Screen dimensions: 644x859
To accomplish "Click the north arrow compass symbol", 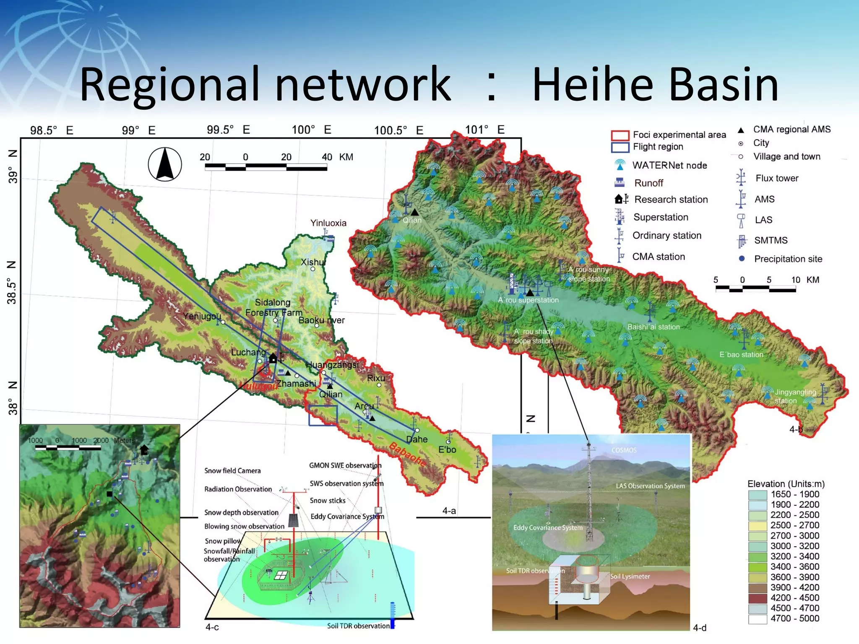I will (165, 164).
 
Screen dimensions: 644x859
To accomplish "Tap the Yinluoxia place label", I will (328, 223).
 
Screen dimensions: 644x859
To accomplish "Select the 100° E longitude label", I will (311, 130).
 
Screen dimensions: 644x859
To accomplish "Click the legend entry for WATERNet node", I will (669, 165).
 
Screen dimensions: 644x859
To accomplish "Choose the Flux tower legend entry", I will (776, 178).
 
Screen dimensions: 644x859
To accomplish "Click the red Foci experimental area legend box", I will (620, 135).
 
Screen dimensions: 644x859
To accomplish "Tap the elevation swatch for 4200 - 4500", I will (757, 598).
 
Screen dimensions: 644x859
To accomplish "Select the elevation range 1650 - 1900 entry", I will (794, 494).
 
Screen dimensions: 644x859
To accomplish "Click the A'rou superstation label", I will (528, 300).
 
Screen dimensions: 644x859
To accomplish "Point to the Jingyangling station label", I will (795, 396).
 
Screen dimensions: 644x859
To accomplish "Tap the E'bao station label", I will (741, 355).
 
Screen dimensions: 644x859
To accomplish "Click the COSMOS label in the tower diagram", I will (624, 450).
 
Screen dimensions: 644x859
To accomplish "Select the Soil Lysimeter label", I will (630, 576).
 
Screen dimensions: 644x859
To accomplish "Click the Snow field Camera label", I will (232, 471).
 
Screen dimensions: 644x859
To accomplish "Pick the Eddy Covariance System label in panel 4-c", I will (347, 517).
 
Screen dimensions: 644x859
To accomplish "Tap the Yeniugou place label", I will (202, 316).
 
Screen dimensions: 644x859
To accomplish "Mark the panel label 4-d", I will (699, 628).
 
